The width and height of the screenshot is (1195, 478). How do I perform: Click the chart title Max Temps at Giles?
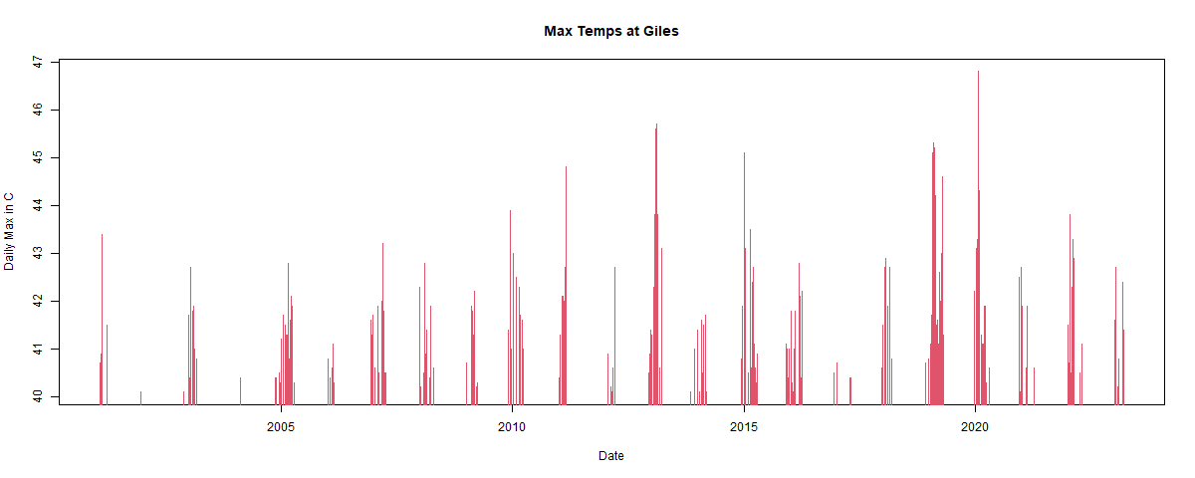point(611,31)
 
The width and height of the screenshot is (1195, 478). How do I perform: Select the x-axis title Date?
point(611,456)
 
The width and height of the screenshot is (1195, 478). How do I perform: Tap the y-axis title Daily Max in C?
point(10,232)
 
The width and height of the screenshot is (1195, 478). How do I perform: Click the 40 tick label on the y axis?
point(38,397)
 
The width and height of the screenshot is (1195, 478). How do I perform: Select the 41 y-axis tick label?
point(38,350)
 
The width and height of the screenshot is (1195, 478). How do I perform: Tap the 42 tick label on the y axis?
point(38,302)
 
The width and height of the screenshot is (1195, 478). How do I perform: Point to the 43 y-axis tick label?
point(38,254)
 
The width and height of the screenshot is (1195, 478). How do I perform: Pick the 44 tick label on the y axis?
point(38,206)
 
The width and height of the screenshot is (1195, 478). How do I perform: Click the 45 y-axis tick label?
point(38,158)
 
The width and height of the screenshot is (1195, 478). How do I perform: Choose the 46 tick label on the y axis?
point(38,110)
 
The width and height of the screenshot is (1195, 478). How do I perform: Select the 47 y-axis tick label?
point(38,62)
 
